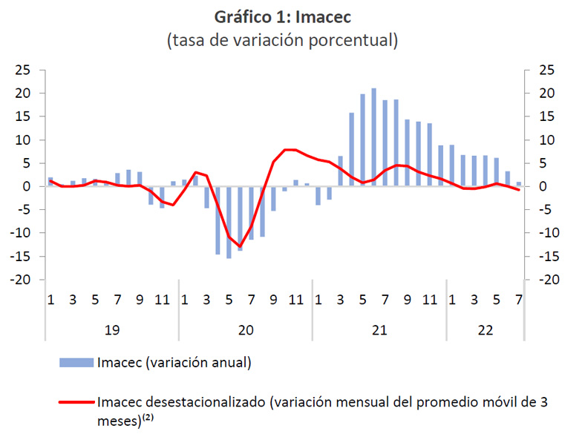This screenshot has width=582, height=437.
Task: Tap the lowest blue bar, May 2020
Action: point(229,222)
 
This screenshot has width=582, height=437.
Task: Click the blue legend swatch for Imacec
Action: point(76,363)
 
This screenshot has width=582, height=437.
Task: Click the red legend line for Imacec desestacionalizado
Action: point(76,403)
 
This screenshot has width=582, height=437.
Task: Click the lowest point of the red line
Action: point(240,246)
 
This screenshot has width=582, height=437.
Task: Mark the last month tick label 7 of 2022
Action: point(518,300)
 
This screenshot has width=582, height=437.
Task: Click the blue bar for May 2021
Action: point(362,140)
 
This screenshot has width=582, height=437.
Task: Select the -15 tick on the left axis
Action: point(23,257)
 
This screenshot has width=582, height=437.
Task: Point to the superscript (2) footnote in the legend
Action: point(147,417)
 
